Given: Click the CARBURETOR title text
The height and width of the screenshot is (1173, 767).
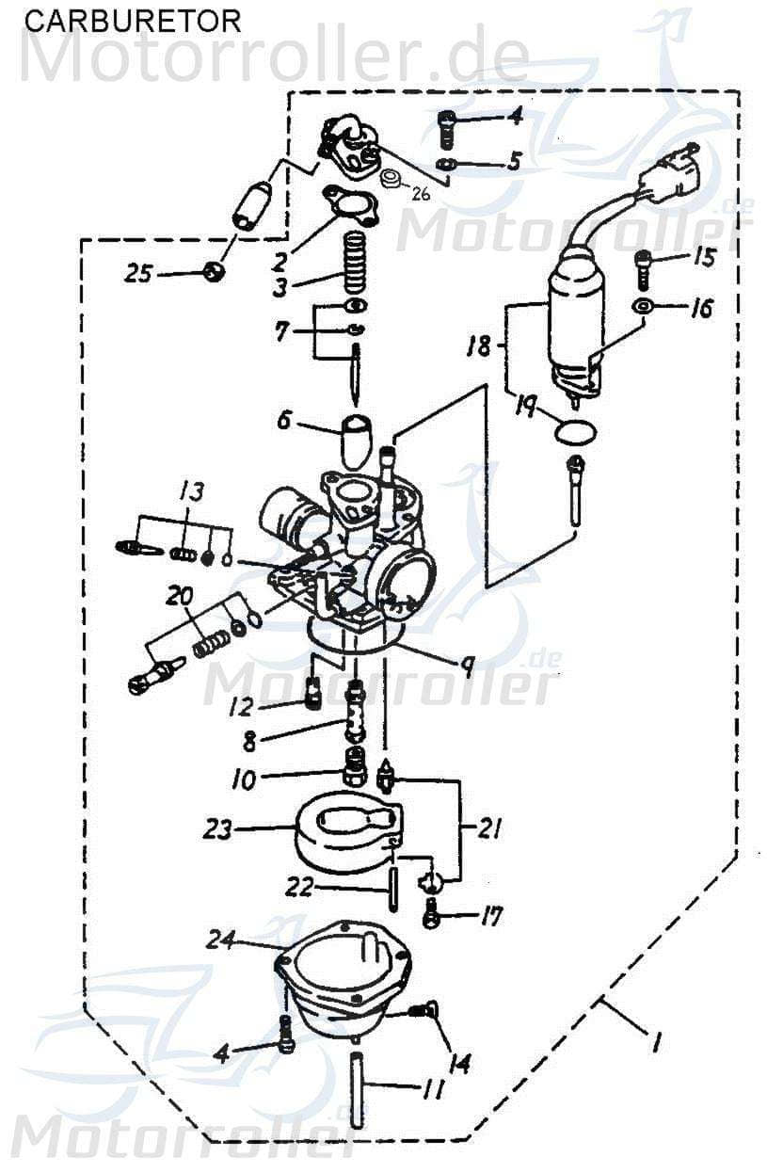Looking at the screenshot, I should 132,20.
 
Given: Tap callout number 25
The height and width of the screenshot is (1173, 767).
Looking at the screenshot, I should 140,274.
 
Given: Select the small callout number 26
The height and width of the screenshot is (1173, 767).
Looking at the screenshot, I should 420,196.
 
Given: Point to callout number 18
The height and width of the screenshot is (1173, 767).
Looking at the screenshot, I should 478,347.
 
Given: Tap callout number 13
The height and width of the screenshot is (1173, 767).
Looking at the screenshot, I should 191,490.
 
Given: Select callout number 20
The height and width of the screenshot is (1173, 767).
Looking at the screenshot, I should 180,596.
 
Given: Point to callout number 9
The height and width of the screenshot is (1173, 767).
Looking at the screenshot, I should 464,664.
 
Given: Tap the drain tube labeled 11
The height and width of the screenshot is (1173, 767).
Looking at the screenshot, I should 358,1091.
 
